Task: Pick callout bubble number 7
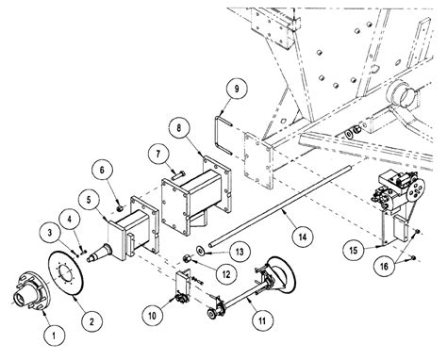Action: pos(158,152)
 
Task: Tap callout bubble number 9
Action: pos(236,90)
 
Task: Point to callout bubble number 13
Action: pos(238,250)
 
